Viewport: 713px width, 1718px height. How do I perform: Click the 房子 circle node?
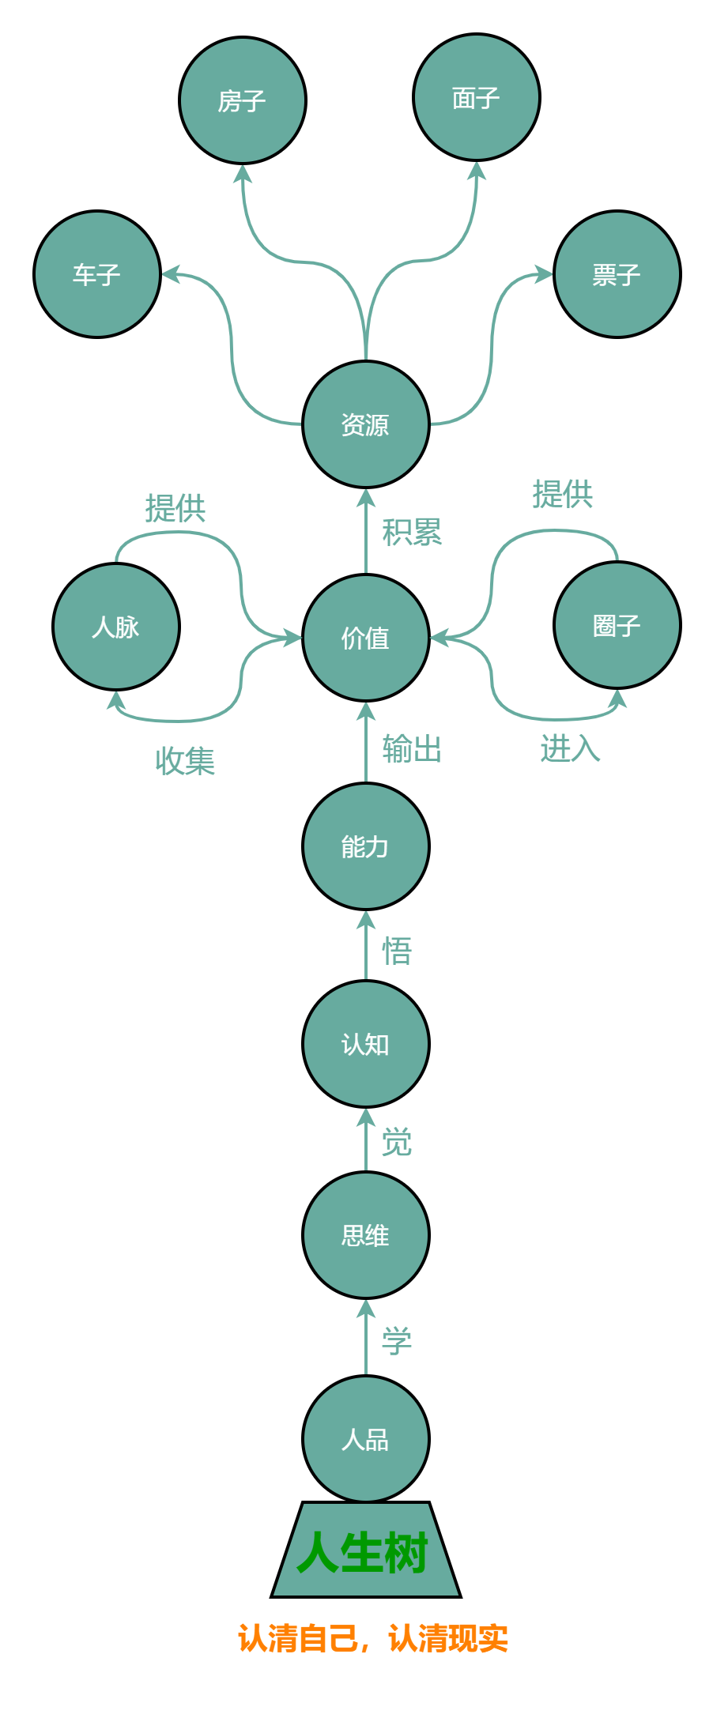click(x=243, y=100)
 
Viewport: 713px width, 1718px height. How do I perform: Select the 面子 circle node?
click(x=477, y=97)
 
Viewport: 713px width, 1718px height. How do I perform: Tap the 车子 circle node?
click(x=97, y=274)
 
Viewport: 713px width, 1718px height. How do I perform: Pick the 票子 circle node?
click(x=617, y=274)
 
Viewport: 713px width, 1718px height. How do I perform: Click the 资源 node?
click(x=366, y=424)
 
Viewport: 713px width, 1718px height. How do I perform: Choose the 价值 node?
click(x=366, y=638)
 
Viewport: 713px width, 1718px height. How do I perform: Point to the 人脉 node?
click(x=116, y=627)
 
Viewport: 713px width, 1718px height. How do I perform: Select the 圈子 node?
click(x=617, y=625)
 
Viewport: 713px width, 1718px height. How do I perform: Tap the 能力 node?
click(x=366, y=846)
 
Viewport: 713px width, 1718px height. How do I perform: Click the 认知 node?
click(x=366, y=1044)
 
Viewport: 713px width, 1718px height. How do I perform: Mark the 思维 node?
click(x=366, y=1235)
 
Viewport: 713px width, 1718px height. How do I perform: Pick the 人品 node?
click(x=366, y=1439)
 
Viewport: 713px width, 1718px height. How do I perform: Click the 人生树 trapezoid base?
click(x=365, y=1551)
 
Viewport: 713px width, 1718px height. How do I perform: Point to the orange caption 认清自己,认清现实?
click(x=372, y=1638)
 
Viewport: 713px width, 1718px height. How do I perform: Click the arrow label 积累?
click(x=412, y=533)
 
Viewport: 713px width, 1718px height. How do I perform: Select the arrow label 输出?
click(x=412, y=748)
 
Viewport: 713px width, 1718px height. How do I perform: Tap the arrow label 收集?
click(x=185, y=761)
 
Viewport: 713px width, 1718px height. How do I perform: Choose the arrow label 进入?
click(x=570, y=748)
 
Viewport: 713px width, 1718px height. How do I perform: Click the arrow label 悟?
click(x=397, y=951)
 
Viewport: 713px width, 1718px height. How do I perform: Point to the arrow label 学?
click(x=397, y=1340)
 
